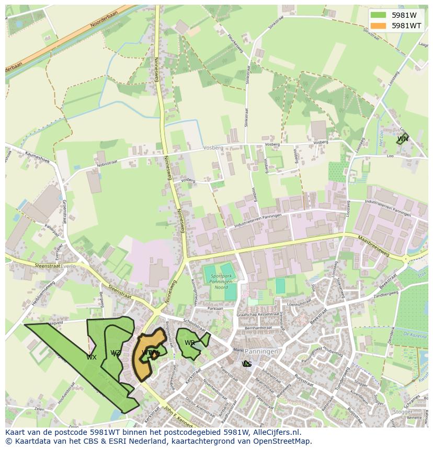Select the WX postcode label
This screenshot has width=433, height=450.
click(92, 357)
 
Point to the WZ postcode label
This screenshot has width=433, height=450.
click(116, 353)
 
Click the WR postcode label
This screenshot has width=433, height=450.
click(189, 343)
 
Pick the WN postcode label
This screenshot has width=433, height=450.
click(402, 139)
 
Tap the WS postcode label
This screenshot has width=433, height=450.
click(247, 364)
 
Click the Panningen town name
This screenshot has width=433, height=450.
click(261, 352)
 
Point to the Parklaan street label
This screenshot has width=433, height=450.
click(215, 308)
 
